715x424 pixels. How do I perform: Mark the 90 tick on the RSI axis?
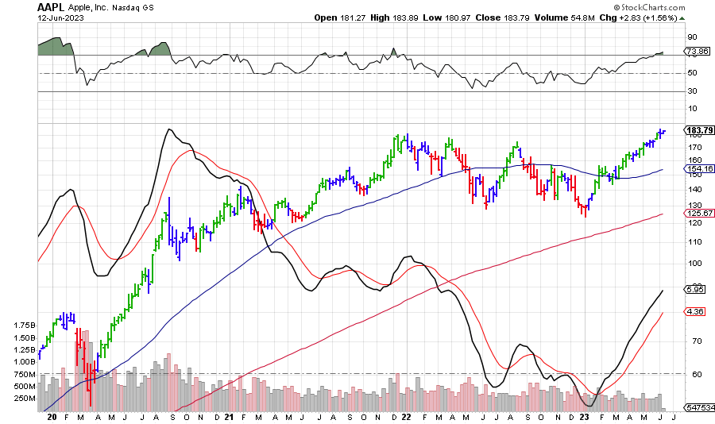click(x=692, y=37)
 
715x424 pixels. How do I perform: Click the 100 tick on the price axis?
click(x=694, y=263)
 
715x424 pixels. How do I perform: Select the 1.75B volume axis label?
click(x=25, y=326)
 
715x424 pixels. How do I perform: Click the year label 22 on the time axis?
click(x=406, y=416)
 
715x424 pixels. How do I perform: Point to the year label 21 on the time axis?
click(x=229, y=416)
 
